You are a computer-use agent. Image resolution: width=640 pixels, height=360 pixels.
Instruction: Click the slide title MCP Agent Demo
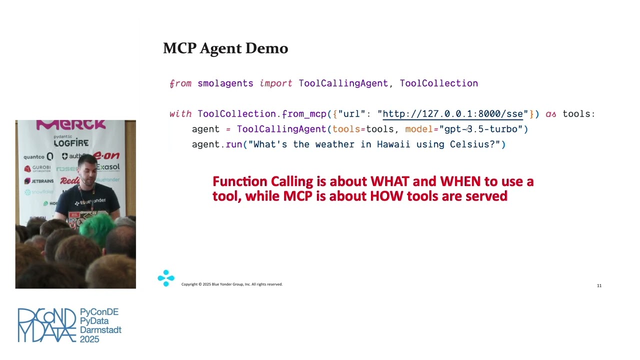tap(225, 48)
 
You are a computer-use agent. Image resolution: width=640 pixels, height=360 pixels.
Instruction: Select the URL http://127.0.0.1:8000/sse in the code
tap(452, 114)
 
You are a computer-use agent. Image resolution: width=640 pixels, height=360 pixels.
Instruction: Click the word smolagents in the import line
tap(225, 83)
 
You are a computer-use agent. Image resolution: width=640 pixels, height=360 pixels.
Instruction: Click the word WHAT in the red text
tap(389, 181)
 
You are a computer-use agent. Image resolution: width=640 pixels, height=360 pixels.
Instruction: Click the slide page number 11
tap(599, 285)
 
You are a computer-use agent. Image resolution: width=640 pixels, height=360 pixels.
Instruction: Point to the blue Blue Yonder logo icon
tap(166, 278)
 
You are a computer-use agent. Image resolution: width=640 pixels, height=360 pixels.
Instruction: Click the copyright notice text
tap(231, 284)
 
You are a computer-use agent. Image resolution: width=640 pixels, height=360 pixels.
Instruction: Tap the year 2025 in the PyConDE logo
tap(89, 339)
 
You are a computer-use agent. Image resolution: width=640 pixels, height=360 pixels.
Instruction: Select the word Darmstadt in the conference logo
tap(100, 330)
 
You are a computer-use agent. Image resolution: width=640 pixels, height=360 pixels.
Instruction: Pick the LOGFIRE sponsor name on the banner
tap(71, 143)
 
